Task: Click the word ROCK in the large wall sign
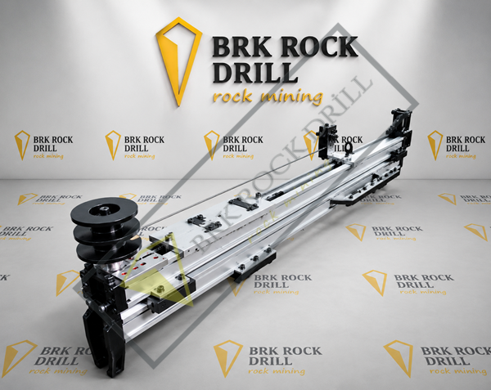(316, 47)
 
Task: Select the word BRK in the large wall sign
(240, 47)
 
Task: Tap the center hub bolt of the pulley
(103, 208)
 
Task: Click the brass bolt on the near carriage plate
(161, 288)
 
